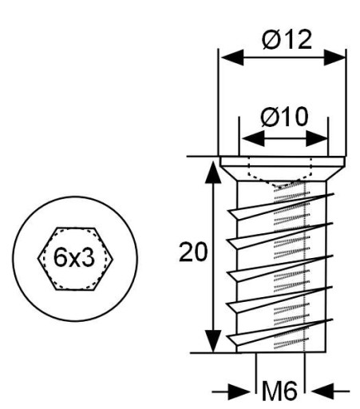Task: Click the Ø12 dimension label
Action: pos(287,39)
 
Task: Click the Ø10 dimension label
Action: pos(284,117)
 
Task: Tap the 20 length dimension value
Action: pos(193,252)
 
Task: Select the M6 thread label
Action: pos(279,391)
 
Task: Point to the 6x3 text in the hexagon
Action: pos(74,257)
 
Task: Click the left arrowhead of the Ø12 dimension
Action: pos(232,58)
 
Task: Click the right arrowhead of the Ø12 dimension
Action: pos(334,58)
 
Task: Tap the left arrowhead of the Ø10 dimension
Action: pos(253,138)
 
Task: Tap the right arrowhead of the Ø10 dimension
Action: pos(317,138)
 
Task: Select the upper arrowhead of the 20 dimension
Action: pos(213,172)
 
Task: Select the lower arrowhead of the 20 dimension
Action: pos(213,341)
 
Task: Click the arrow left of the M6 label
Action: pos(231,391)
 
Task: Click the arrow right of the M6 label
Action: pos(330,391)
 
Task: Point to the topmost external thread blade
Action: pos(280,207)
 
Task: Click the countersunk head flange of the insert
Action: pos(283,169)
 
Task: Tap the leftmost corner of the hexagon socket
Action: pos(38,258)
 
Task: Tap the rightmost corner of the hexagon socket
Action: pos(113,258)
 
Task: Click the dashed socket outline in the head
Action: pos(280,178)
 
